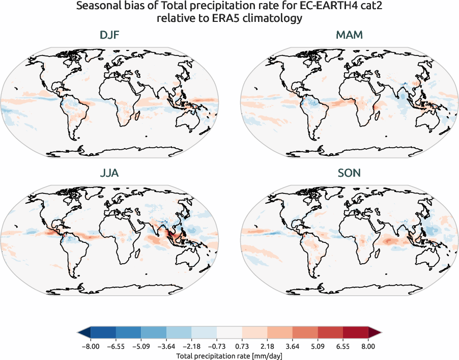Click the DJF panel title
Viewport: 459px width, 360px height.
tap(109, 36)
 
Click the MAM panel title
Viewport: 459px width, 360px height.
tap(349, 36)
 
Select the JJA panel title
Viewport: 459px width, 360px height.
tap(109, 173)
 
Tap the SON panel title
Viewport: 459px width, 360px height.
tap(349, 173)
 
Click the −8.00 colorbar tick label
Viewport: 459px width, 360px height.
tap(90, 346)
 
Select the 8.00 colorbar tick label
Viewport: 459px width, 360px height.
tap(368, 346)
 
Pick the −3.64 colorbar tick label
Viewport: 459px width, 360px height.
tap(166, 346)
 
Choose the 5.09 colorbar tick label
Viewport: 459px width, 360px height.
tap(318, 346)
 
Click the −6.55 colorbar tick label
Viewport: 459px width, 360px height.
tap(116, 346)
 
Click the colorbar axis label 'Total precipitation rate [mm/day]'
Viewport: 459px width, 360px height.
tap(229, 356)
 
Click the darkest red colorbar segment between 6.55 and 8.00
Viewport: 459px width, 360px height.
tap(355, 333)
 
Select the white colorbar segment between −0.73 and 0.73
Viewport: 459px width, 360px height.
tap(229, 333)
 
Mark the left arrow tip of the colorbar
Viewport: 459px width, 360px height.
tap(78, 333)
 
